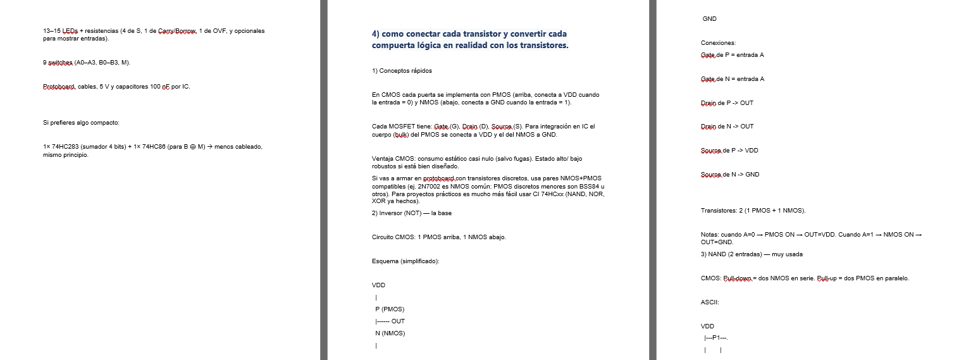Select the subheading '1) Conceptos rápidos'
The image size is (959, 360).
point(402,70)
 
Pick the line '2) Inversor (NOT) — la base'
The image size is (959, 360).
point(412,213)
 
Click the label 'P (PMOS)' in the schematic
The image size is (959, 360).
point(389,309)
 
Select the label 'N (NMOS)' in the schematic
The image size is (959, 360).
point(390,333)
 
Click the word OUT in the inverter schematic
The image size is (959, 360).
point(398,321)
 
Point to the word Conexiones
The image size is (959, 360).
point(718,43)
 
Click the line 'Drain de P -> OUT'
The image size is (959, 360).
point(727,102)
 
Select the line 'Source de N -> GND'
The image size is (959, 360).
point(730,174)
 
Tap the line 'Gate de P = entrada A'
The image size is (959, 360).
point(732,55)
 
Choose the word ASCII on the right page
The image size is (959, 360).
point(710,302)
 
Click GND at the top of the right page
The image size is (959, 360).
point(710,19)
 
